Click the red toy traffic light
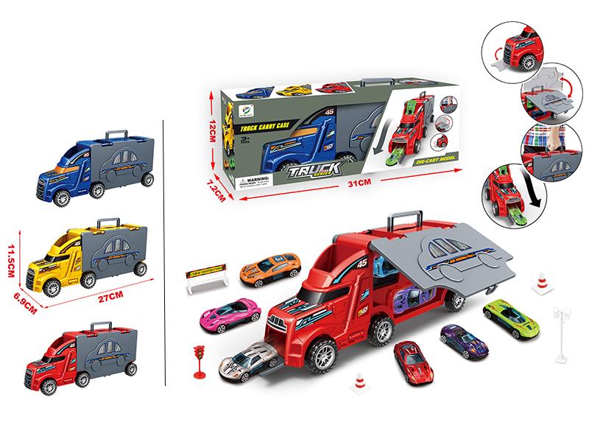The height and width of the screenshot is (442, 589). [198, 359]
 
